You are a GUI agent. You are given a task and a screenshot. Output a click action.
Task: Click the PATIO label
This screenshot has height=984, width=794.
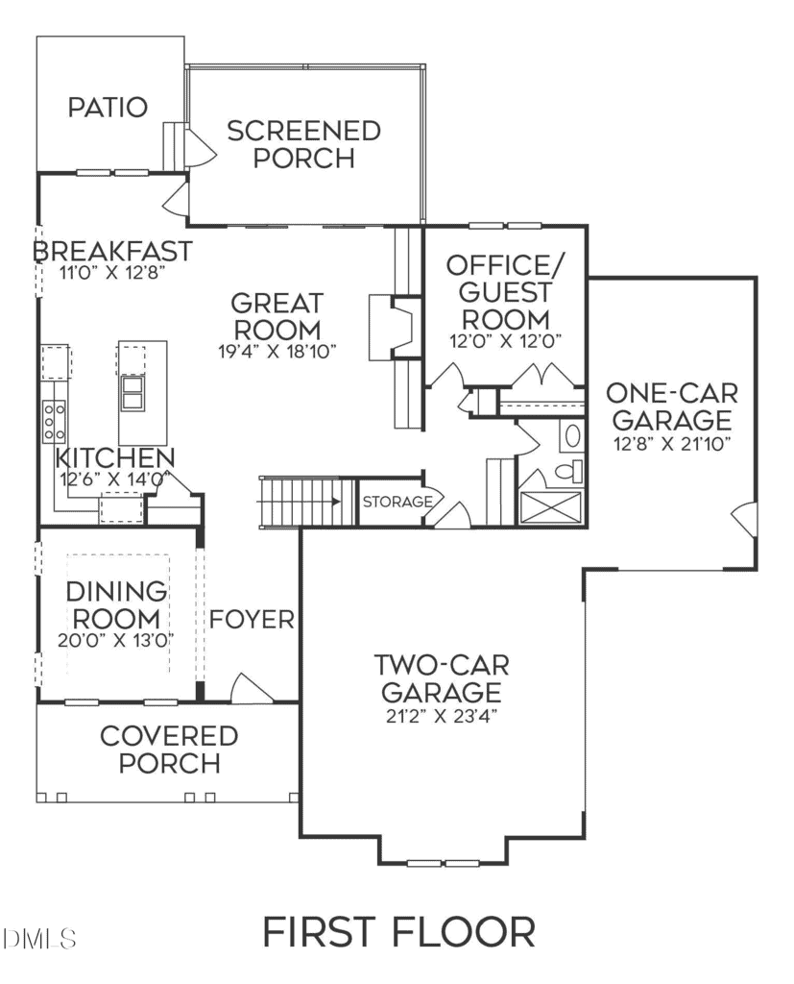click(108, 107)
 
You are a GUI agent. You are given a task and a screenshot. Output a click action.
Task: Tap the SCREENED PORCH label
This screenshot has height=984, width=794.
click(304, 144)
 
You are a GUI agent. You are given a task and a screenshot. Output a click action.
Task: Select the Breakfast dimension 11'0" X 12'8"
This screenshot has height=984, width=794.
click(111, 273)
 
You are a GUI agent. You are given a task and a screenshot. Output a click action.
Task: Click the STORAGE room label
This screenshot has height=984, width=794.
click(397, 502)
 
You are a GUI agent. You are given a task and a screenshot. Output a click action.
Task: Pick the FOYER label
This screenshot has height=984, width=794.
click(252, 620)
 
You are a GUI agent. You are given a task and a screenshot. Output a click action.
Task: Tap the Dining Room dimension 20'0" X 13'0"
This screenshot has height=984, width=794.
click(116, 641)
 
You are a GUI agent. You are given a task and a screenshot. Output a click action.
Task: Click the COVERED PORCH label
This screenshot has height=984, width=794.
click(169, 750)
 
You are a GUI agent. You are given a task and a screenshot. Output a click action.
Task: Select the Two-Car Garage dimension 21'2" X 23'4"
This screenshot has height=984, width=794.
click(442, 716)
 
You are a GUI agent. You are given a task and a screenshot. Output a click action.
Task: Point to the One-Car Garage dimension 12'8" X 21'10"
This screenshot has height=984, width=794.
click(672, 444)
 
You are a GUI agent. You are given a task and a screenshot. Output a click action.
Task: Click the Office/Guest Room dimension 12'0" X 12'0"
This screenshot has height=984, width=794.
click(505, 341)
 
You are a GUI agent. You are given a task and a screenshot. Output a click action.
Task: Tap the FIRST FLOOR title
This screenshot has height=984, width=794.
click(398, 932)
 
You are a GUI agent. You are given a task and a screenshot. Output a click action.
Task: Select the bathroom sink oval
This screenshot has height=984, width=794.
click(572, 436)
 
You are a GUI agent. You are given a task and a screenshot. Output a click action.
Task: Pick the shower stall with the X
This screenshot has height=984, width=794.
click(551, 507)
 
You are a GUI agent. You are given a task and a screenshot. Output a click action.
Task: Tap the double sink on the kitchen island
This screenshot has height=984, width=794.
click(132, 393)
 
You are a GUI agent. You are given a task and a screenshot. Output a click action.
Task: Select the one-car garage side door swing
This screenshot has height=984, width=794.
click(744, 518)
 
